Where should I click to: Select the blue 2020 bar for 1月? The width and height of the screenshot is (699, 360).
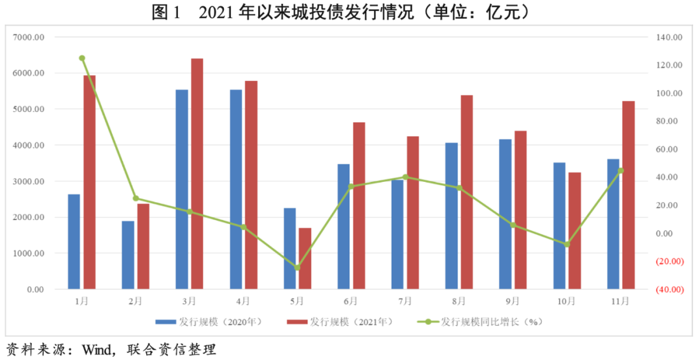[74, 241]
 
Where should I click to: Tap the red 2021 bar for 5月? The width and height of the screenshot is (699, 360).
[304, 258]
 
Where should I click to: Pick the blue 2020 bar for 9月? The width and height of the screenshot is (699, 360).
[505, 214]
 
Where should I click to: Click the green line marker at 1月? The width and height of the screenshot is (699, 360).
[82, 58]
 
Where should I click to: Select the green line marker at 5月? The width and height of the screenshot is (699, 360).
[297, 267]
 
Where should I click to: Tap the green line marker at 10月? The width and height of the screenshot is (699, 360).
[567, 244]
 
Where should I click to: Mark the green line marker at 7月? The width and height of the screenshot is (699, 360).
[405, 177]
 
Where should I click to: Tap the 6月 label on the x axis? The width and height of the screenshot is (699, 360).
[351, 301]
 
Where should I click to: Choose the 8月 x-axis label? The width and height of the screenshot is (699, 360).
[459, 301]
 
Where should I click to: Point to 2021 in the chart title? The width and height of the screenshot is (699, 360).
[217, 12]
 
